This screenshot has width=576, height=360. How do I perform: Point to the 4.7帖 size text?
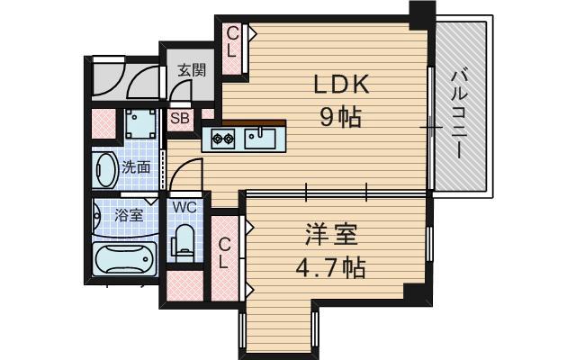pyautogui.click(x=331, y=267)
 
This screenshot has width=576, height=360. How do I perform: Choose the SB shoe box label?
pyautogui.click(x=179, y=118)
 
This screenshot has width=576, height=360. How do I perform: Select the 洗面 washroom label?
pyautogui.click(x=136, y=166)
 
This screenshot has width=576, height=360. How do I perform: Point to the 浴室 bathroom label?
pyautogui.click(x=129, y=215)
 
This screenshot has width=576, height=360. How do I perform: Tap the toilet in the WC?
pyautogui.click(x=184, y=241)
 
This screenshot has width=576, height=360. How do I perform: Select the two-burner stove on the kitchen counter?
pyautogui.click(x=224, y=139)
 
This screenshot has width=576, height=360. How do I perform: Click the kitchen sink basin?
pyautogui.click(x=265, y=138)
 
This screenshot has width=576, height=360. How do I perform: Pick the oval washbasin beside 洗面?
pyautogui.click(x=104, y=168)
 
